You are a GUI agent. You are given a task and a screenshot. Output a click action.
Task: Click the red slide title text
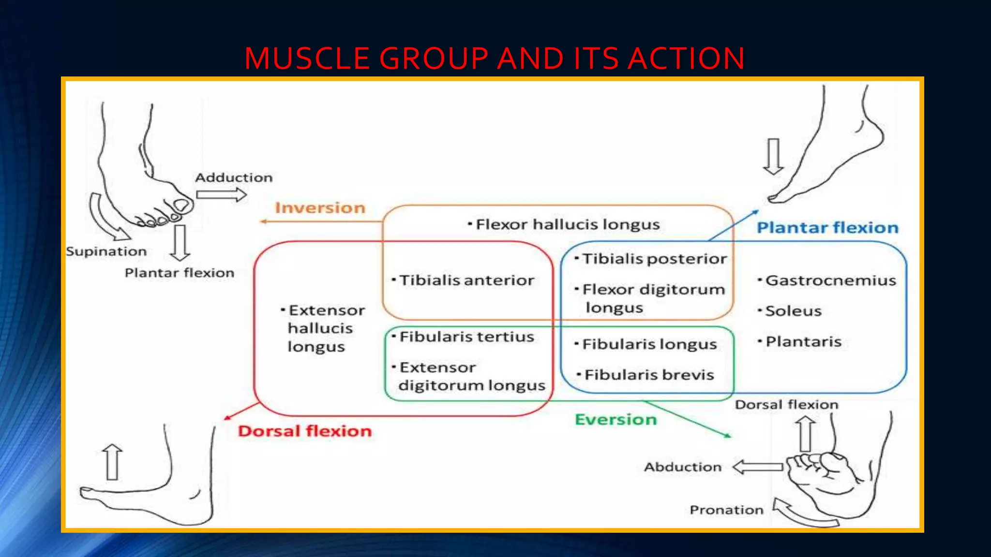pyautogui.click(x=495, y=59)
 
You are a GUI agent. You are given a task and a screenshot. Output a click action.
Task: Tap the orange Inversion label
pyautogui.click(x=320, y=208)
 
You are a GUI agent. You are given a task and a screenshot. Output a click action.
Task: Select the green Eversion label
pyautogui.click(x=616, y=419)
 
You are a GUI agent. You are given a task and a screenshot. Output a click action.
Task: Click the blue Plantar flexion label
pyautogui.click(x=827, y=228)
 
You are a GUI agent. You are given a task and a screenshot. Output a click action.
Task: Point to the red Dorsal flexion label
pyautogui.click(x=304, y=431)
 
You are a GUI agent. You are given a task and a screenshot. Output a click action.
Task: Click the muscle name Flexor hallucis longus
pyautogui.click(x=567, y=224)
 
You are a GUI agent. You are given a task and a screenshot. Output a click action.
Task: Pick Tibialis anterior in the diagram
pyautogui.click(x=466, y=280)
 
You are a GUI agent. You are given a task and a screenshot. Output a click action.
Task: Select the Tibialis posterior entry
pyautogui.click(x=654, y=259)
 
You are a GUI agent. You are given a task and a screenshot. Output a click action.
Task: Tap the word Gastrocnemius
pyautogui.click(x=830, y=280)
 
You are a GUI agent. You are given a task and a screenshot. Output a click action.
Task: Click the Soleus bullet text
pyautogui.click(x=793, y=311)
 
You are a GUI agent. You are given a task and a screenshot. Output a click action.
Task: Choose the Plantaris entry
pyautogui.click(x=803, y=342)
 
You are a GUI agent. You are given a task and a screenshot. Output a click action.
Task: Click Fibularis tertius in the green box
pyautogui.click(x=466, y=337)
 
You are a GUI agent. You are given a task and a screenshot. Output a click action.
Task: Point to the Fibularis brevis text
pyautogui.click(x=648, y=375)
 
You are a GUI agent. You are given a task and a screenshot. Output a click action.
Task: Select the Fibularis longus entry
pyautogui.click(x=649, y=344)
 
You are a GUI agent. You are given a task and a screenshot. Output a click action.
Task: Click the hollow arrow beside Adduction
pyautogui.click(x=221, y=195)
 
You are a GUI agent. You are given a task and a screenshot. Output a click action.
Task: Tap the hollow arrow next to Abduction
pyautogui.click(x=758, y=467)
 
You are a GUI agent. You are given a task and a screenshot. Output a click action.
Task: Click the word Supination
pyautogui.click(x=106, y=251)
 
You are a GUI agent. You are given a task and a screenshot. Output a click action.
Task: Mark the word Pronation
pyautogui.click(x=726, y=510)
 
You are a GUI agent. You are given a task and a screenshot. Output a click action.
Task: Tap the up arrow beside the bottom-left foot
pyautogui.click(x=112, y=462)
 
